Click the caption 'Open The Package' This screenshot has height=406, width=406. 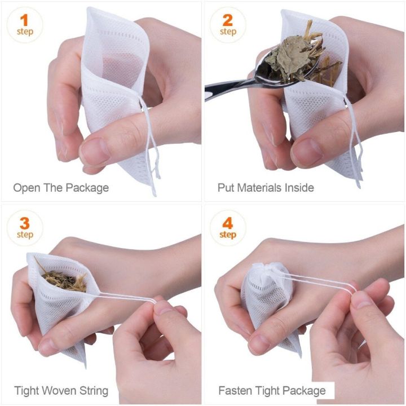(61, 187)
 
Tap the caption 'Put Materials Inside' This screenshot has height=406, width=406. (266, 187)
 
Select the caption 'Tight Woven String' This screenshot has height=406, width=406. (61, 390)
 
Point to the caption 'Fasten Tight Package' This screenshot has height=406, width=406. (272, 390)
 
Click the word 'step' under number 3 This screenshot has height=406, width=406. (24, 235)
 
